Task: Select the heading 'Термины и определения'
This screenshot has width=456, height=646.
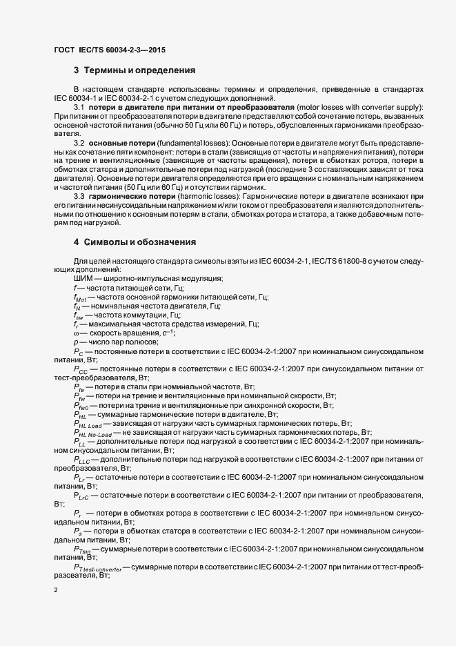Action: click(x=139, y=70)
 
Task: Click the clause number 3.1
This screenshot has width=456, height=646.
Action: click(x=79, y=108)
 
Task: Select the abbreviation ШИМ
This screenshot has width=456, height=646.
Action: click(x=81, y=277)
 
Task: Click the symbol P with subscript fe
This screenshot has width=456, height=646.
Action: click(x=79, y=388)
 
